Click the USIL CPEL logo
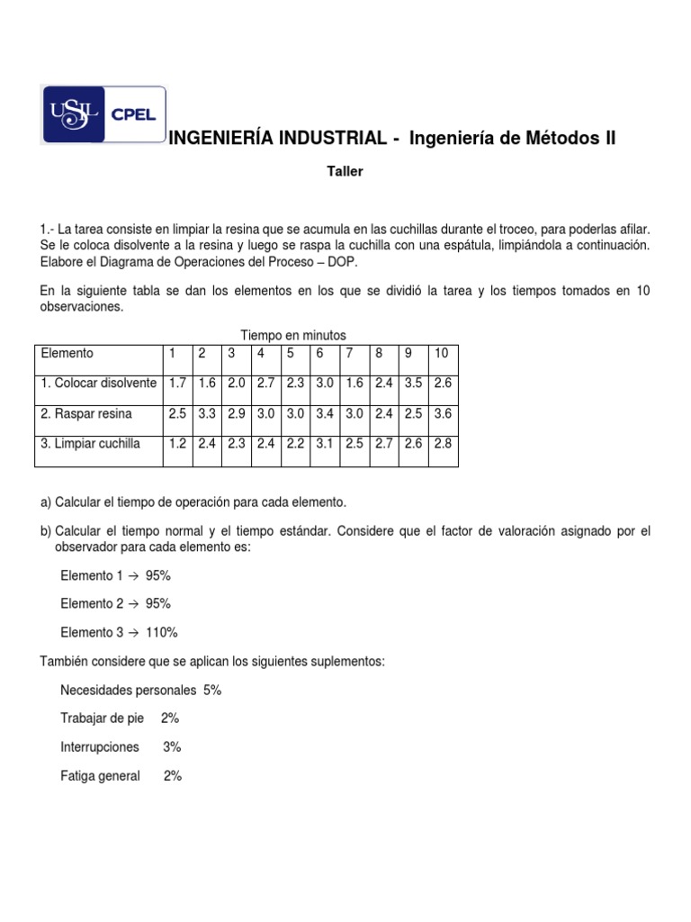point(103,114)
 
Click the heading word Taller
point(345,171)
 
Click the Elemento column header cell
point(67,353)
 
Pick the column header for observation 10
point(442,353)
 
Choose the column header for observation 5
point(292,353)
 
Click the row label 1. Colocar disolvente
point(98,383)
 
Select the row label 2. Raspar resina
point(86,413)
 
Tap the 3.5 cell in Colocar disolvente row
point(413,383)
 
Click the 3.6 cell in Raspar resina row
point(443,413)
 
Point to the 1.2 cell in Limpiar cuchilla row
point(178,444)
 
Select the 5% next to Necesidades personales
point(211,691)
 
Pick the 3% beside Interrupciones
point(172,746)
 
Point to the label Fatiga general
point(100,775)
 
